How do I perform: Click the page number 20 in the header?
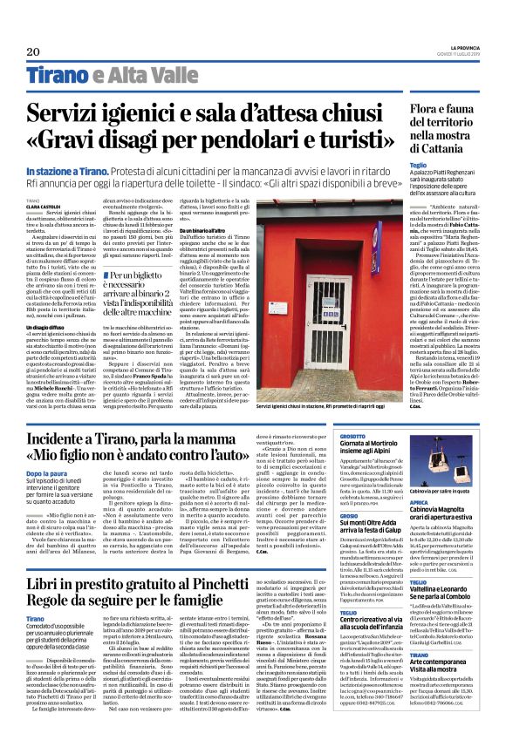coord(34,51)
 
